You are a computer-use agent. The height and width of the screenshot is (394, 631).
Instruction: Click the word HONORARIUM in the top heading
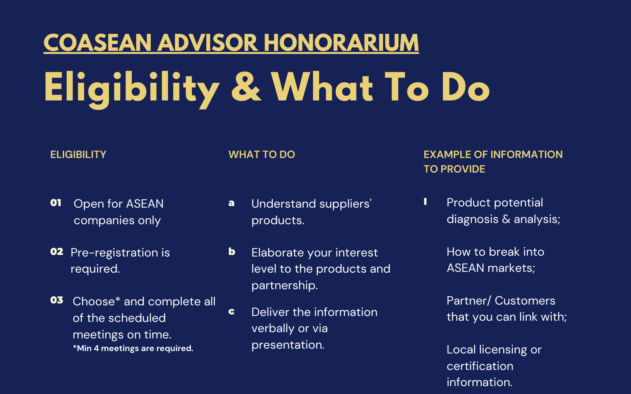pos(341,43)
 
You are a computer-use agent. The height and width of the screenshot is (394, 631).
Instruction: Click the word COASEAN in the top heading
pos(98,43)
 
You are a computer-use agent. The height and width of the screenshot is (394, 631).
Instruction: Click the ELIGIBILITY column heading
pos(78,154)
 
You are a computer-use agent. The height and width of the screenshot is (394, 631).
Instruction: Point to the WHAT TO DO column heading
pos(262,154)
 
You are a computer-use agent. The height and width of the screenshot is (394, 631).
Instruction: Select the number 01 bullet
pos(56,203)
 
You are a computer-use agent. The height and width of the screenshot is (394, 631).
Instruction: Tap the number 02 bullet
pos(57,251)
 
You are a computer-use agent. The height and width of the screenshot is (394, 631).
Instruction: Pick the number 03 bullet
pos(57,300)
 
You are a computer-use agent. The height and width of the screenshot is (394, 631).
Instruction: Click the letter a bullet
pos(231,203)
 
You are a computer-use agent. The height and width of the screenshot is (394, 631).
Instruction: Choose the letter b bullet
pos(231,251)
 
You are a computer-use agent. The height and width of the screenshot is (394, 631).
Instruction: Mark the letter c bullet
pos(231,312)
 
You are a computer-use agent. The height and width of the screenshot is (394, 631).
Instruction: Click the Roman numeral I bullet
pos(426,201)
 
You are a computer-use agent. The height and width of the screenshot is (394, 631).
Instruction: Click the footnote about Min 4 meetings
pos(133,348)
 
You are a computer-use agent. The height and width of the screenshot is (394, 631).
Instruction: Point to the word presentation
pos(288,345)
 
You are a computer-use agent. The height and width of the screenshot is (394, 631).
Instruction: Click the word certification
pos(480,366)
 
